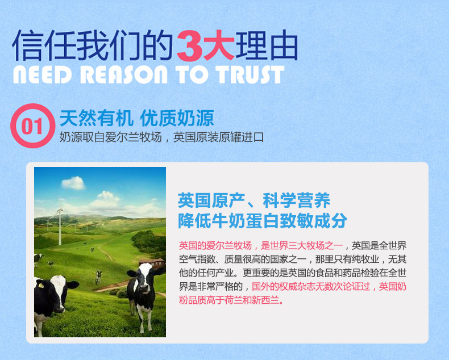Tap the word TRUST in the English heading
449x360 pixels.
[x=250, y=75]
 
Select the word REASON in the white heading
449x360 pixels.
[x=123, y=75]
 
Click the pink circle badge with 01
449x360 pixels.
[x=32, y=125]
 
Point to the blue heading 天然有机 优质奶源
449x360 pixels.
[x=137, y=118]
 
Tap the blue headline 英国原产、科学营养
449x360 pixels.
[x=254, y=200]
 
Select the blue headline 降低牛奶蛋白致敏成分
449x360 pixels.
[x=263, y=220]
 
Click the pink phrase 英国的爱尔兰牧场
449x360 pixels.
[x=215, y=245]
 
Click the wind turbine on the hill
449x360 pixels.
[x=60, y=221]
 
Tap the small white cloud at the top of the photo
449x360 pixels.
[x=73, y=183]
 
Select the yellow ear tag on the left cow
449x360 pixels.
[x=41, y=285]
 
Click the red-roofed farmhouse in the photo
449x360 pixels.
[x=152, y=263]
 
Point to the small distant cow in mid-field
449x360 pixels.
[x=98, y=277]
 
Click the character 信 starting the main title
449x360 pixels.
[x=28, y=45]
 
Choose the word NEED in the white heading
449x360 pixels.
[x=43, y=75]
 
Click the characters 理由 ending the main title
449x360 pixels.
[x=267, y=45]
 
